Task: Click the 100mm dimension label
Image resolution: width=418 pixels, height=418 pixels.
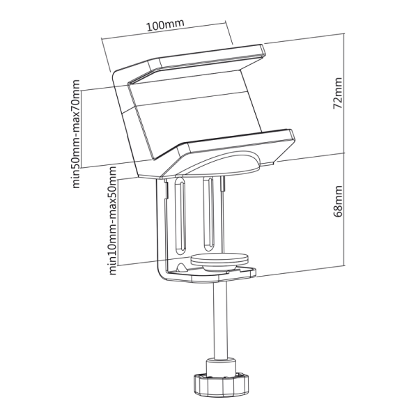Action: pos(165,25)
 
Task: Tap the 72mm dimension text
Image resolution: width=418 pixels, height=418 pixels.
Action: pos(338,95)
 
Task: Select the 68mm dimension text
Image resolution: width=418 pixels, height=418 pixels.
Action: pos(338,201)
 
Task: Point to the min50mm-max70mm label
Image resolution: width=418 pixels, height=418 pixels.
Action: pos(76,133)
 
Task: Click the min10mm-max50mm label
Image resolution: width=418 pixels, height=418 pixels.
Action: pos(111,219)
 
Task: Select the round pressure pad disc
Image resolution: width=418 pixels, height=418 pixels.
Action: pos(220,260)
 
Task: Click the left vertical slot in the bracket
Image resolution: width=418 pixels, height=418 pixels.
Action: pos(180,216)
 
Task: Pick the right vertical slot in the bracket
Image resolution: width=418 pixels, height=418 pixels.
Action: pos(208,212)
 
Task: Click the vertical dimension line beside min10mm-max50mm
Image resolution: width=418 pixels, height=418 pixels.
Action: pos(120,219)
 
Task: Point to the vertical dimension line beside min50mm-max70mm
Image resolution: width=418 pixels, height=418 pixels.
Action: pos(84,132)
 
